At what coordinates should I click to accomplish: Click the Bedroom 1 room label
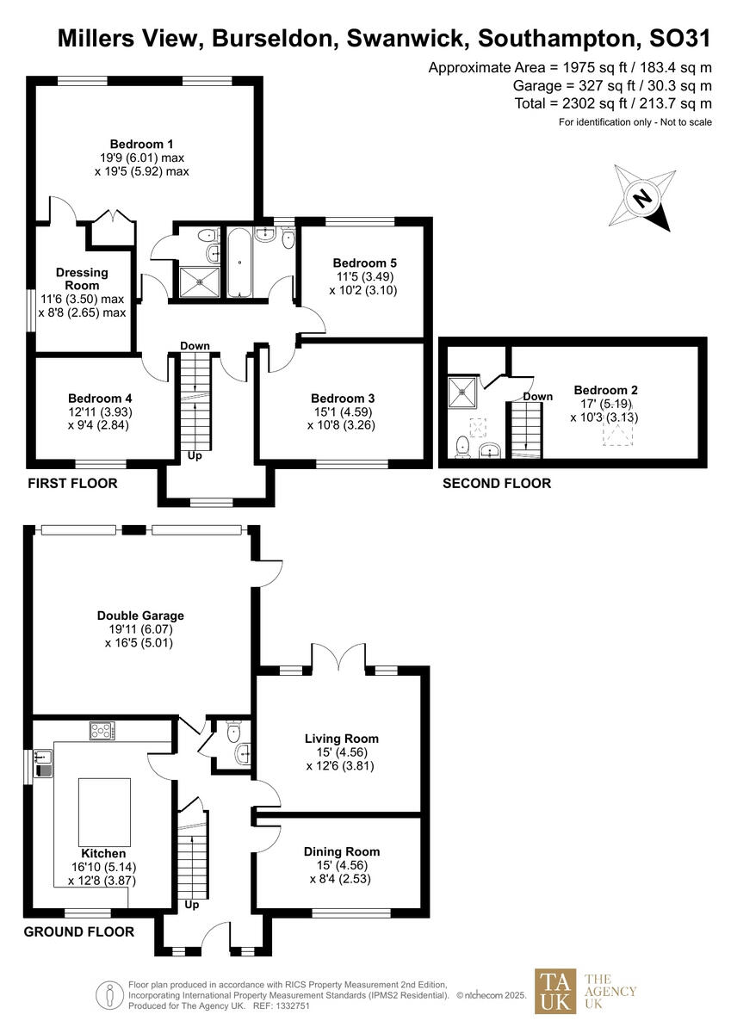point(142,144)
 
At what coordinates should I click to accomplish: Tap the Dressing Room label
point(82,279)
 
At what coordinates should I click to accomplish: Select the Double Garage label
point(140,615)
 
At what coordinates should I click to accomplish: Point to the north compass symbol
point(641,199)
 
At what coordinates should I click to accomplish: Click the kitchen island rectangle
point(104,812)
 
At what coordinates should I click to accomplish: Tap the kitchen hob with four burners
point(102,732)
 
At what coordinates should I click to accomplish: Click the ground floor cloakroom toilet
point(232,733)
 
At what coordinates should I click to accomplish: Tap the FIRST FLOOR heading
point(72,484)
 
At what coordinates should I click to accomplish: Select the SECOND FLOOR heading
point(496,484)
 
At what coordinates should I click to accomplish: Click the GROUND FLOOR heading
point(78,931)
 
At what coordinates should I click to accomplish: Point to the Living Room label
point(342,739)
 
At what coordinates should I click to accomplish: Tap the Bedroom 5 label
point(364,263)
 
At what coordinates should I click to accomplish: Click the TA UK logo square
point(555,992)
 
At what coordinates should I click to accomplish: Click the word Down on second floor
point(538,397)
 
